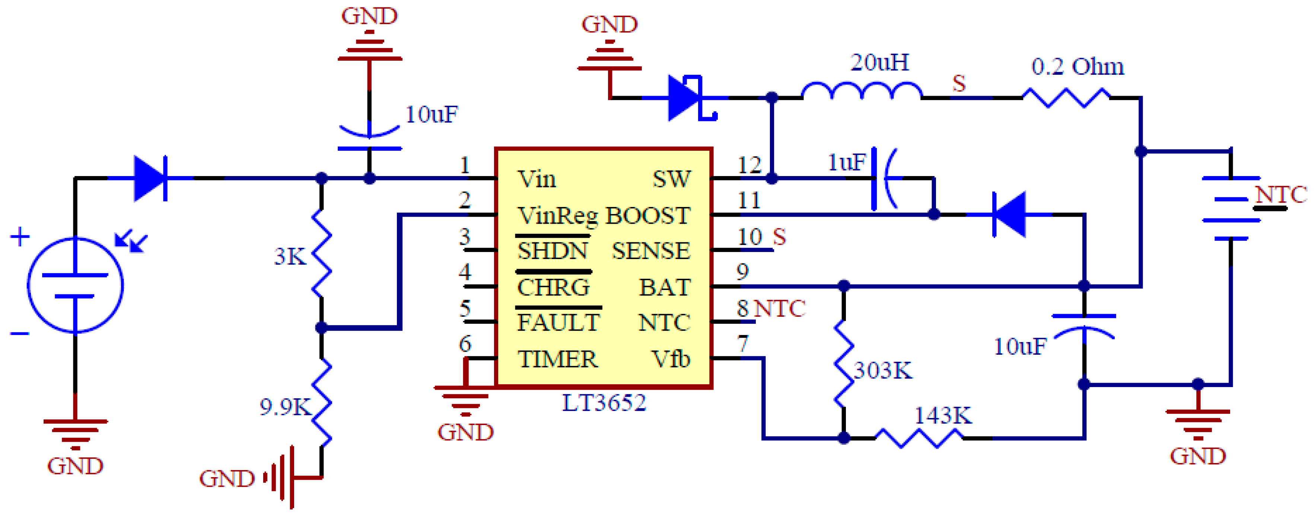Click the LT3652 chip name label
pyautogui.click(x=604, y=403)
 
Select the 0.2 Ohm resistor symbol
pyautogui.click(x=1066, y=98)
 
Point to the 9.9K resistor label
pyautogui.click(x=285, y=407)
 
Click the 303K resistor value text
pyautogui.click(x=883, y=370)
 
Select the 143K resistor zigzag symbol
pyautogui.click(x=919, y=438)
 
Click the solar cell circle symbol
pyautogui.click(x=75, y=285)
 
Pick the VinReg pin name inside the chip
pyautogui.click(x=557, y=216)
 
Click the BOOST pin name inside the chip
pyautogui.click(x=647, y=216)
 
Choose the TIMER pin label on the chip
pyautogui.click(x=557, y=359)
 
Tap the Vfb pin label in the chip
pyautogui.click(x=670, y=359)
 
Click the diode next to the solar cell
pyautogui.click(x=150, y=178)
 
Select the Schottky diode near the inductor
pyautogui.click(x=687, y=98)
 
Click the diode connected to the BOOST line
pyautogui.click(x=1009, y=215)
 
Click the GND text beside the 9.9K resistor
pyautogui.click(x=227, y=479)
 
